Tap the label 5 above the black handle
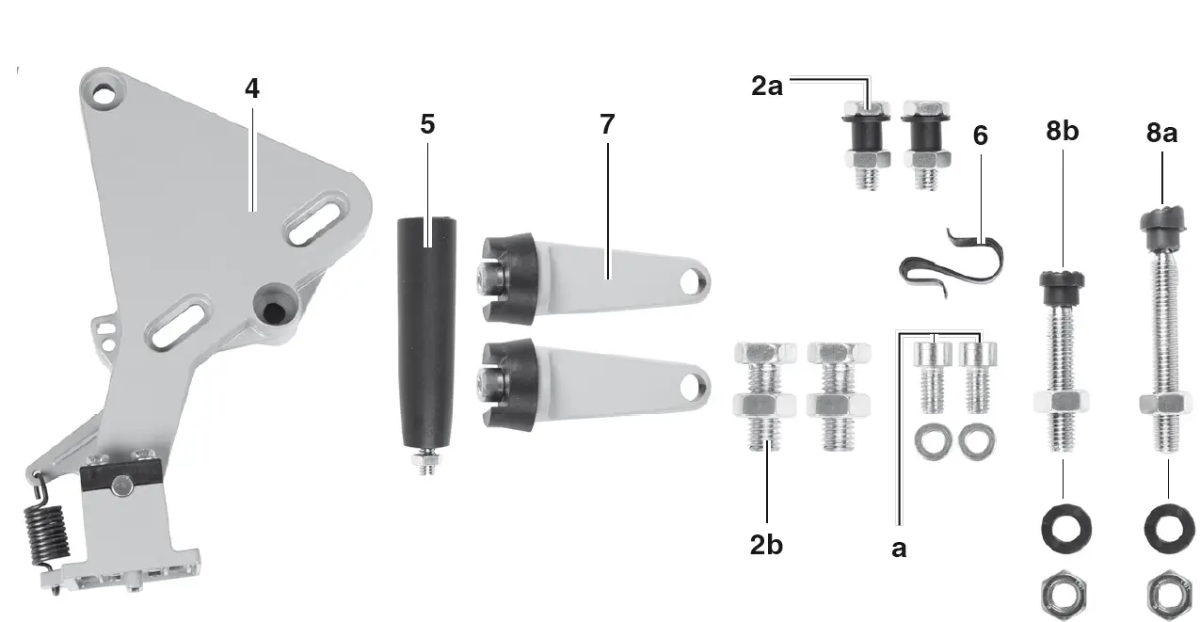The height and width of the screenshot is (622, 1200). coord(428,125)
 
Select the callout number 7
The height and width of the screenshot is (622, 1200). coord(607,125)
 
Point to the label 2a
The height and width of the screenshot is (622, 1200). coord(767,88)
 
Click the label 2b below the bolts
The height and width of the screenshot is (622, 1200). coord(767,546)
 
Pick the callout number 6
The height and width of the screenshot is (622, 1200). coord(981,136)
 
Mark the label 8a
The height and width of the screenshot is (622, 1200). coord(1161,133)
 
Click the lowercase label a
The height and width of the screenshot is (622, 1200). coord(899,549)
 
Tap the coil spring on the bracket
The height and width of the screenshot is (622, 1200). coord(47,536)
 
